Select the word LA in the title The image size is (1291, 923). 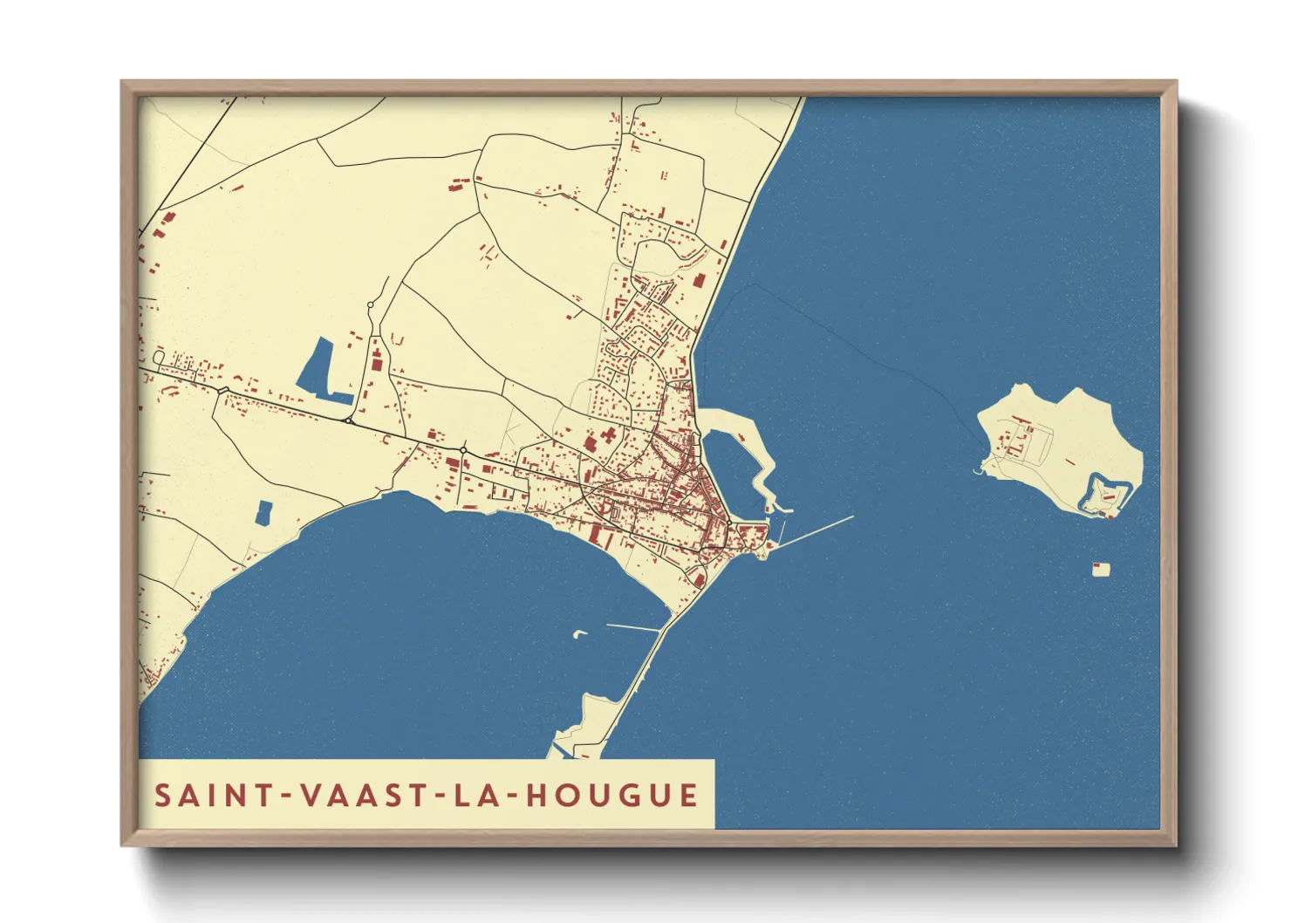point(476,796)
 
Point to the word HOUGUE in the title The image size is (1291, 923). point(612,796)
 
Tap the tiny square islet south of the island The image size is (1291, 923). point(1102,570)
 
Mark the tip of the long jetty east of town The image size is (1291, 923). point(852,517)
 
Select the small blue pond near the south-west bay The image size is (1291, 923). point(263,513)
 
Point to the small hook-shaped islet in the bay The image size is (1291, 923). point(579,633)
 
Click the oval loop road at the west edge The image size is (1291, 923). point(159,357)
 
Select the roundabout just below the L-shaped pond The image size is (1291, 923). point(348,420)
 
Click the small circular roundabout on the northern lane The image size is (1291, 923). point(371,305)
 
